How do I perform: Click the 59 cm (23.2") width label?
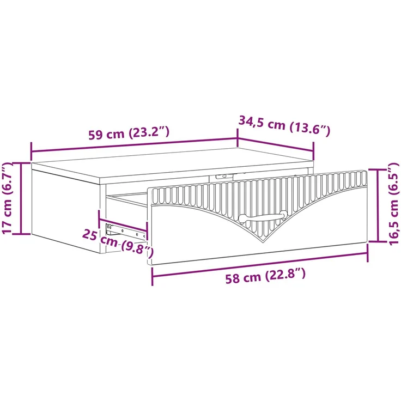(129, 133)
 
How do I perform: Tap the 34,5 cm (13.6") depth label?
(284, 125)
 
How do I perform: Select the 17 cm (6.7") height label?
(7, 198)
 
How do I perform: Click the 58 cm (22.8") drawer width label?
(265, 276)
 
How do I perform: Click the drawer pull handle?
(263, 217)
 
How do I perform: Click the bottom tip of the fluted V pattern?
(263, 242)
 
